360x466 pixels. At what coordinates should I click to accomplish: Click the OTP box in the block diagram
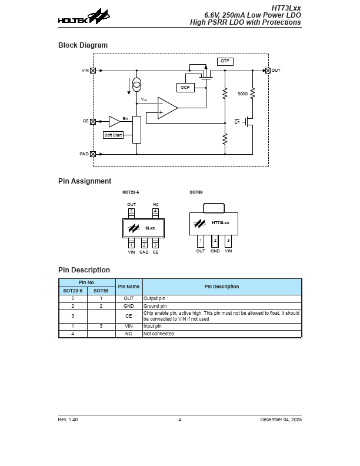pyautogui.click(x=225, y=61)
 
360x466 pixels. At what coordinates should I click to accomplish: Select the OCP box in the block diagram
pyautogui.click(x=185, y=88)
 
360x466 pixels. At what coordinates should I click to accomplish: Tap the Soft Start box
pyautogui.click(x=113, y=135)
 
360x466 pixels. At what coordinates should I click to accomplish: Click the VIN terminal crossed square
pyautogui.click(x=93, y=71)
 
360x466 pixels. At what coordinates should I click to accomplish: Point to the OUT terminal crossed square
pyautogui.click(x=268, y=71)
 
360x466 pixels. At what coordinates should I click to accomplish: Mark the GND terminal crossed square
pyautogui.click(x=93, y=154)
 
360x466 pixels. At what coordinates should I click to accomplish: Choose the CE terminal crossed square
pyautogui.click(x=93, y=121)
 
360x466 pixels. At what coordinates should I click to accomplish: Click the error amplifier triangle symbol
pyautogui.click(x=167, y=108)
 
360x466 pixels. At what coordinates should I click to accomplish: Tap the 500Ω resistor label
pyautogui.click(x=242, y=94)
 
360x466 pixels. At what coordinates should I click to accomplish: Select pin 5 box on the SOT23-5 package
pyautogui.click(x=131, y=211)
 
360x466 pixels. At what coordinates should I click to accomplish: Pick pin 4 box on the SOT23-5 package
pyautogui.click(x=155, y=211)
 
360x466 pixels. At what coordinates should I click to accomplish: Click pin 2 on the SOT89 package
pyautogui.click(x=215, y=241)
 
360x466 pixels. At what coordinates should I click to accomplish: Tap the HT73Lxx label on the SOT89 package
pyautogui.click(x=220, y=223)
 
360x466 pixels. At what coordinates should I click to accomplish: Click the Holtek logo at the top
pyautogui.click(x=84, y=18)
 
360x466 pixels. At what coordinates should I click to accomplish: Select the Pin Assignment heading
pyautogui.click(x=85, y=181)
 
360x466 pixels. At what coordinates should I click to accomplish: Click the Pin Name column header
pyautogui.click(x=129, y=287)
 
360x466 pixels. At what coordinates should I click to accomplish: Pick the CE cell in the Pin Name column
pyautogui.click(x=129, y=316)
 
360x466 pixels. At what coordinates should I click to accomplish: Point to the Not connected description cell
pyautogui.click(x=159, y=334)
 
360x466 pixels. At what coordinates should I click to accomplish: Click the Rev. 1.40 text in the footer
pyautogui.click(x=68, y=420)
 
